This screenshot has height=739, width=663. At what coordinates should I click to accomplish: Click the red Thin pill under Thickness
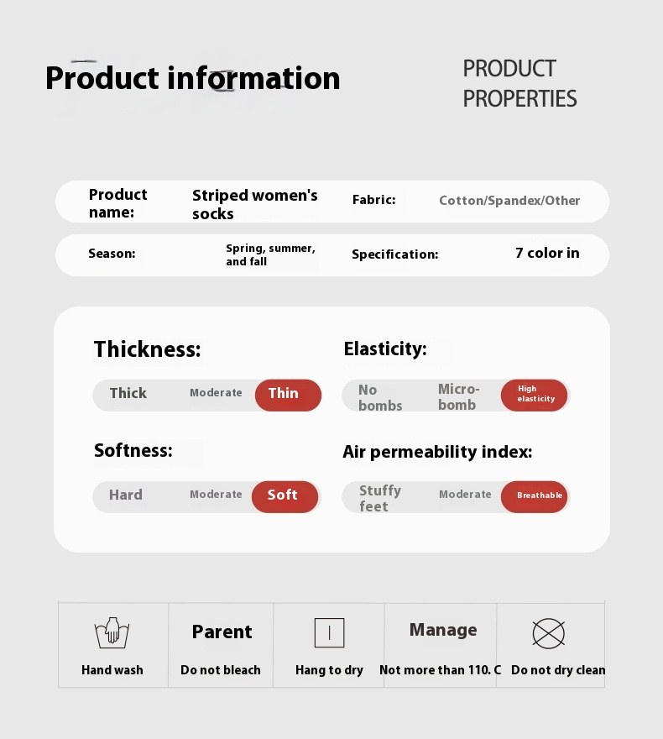(x=288, y=395)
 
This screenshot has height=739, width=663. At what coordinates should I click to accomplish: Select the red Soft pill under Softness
(x=285, y=497)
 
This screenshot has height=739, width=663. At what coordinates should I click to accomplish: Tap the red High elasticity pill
(x=534, y=395)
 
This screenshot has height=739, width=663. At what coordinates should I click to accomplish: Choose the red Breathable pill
(x=534, y=497)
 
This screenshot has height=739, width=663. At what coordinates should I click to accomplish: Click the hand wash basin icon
(x=112, y=633)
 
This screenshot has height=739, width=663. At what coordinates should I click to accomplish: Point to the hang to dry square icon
(x=329, y=632)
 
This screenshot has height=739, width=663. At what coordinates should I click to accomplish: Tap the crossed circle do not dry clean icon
(x=549, y=633)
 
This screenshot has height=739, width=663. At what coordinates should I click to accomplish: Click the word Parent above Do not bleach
(x=222, y=632)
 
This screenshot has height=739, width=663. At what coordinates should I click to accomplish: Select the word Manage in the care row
(x=443, y=630)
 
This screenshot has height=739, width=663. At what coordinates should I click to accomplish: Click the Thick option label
(x=128, y=393)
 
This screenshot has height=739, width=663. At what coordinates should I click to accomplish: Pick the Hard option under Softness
(x=126, y=495)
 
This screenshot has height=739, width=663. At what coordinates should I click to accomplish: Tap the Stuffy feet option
(x=380, y=498)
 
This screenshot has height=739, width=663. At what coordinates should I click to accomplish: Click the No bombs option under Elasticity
(x=380, y=398)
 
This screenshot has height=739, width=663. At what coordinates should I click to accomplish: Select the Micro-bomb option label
(x=458, y=397)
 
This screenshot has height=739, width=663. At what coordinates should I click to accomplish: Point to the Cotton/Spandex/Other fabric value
(x=509, y=201)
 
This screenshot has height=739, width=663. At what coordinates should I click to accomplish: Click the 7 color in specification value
(x=547, y=253)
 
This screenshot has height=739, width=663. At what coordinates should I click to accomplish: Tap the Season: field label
(x=112, y=254)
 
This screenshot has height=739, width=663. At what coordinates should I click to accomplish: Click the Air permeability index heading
(x=437, y=452)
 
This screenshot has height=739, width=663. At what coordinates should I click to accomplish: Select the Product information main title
(x=192, y=78)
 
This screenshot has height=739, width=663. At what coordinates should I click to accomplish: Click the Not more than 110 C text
(x=441, y=670)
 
